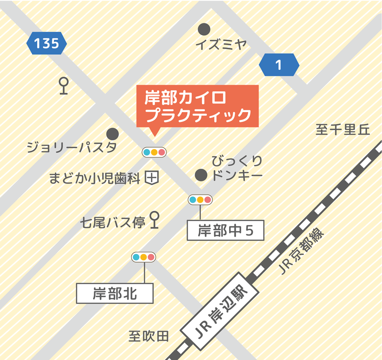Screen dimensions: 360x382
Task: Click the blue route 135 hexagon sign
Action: click(x=47, y=44)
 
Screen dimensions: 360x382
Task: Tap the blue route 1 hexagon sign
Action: click(x=279, y=65)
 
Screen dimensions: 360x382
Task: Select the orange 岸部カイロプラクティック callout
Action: click(x=197, y=106)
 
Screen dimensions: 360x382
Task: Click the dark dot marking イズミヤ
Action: click(x=204, y=29)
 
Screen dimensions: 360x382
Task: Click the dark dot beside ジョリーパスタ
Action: click(x=113, y=133)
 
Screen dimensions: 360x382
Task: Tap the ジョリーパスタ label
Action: click(x=72, y=147)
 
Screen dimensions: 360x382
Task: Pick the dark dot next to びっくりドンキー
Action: click(x=200, y=175)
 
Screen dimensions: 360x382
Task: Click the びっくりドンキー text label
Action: click(x=237, y=168)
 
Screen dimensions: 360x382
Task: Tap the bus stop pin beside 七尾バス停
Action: click(x=155, y=220)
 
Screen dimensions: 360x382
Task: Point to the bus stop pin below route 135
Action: click(x=63, y=86)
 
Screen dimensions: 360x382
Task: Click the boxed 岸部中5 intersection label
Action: click(x=225, y=230)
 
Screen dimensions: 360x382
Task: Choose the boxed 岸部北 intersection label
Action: click(x=115, y=293)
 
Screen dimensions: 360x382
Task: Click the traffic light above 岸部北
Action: click(x=143, y=257)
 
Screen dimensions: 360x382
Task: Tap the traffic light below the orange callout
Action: click(x=154, y=152)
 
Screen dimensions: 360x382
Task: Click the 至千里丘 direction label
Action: click(x=342, y=130)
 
